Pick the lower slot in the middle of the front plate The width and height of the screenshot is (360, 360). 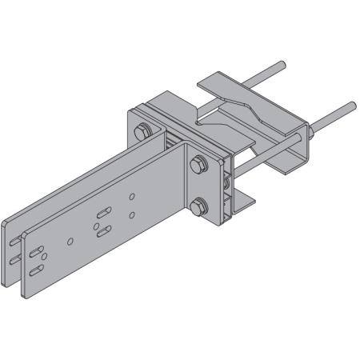tap(105, 233)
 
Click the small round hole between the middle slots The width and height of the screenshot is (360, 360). tap(95, 227)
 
